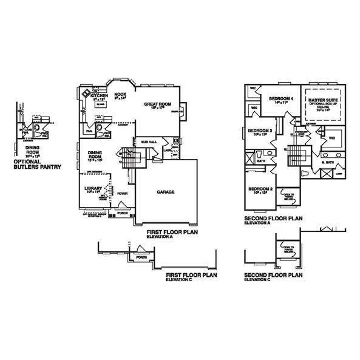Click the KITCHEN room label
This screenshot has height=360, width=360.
point(99,96)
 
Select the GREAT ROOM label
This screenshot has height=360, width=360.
point(156,104)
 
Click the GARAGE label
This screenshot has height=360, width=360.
point(166,192)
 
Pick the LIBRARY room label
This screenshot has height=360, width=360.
point(93,188)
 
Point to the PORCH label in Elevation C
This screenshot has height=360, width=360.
point(142,257)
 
